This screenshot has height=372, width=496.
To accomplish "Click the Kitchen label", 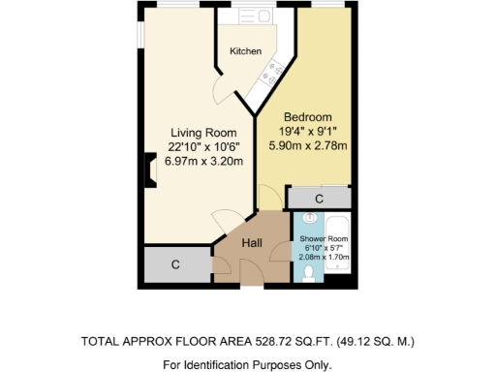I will (245, 51).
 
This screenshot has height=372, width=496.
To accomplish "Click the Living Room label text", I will (203, 133).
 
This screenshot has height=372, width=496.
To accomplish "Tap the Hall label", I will (253, 243).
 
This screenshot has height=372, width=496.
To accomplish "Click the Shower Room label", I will (323, 238).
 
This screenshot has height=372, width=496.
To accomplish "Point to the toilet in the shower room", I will (308, 274).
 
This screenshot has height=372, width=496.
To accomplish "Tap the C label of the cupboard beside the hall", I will (175, 263).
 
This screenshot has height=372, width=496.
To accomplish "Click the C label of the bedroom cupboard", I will (319, 198).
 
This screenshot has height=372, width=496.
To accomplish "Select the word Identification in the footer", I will (229, 365).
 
